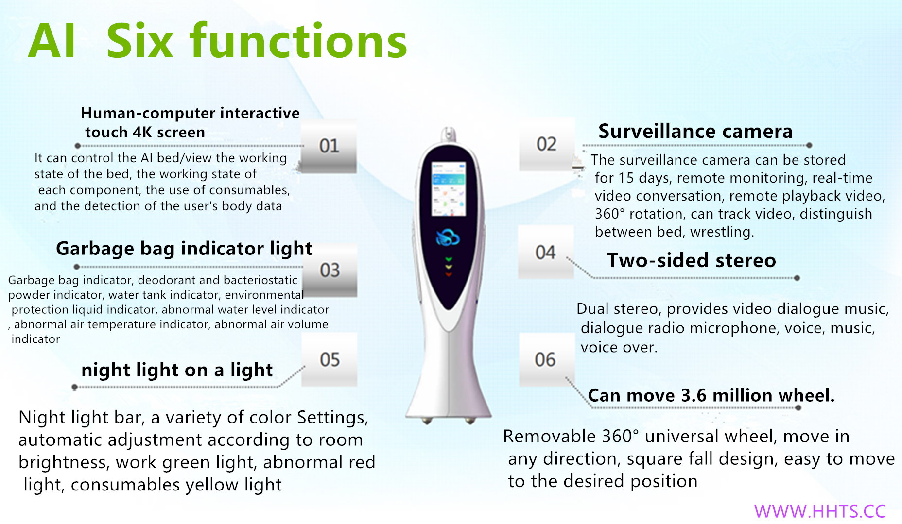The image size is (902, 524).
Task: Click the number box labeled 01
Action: click(329, 146)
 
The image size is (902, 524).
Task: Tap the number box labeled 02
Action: click(547, 144)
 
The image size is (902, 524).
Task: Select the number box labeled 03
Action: click(330, 270)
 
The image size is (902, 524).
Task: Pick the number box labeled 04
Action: click(546, 252)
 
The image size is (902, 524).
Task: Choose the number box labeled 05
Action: click(330, 359)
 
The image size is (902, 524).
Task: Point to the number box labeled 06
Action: click(546, 359)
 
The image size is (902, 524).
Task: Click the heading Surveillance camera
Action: click(695, 132)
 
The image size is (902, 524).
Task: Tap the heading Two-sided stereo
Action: click(691, 260)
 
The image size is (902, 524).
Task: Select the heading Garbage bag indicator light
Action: click(184, 249)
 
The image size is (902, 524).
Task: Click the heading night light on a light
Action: click(177, 370)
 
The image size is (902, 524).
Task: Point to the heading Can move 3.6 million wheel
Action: click(711, 395)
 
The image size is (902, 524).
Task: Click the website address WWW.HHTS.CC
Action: click(820, 511)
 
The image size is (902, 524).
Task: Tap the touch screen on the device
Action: click(449, 189)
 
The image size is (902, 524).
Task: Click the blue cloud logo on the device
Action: click(448, 237)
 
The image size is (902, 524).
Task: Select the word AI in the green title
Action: click(52, 42)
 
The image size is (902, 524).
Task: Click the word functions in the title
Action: click(298, 41)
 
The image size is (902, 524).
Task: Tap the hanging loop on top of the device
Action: click(448, 135)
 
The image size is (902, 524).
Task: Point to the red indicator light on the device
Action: click(449, 275)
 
